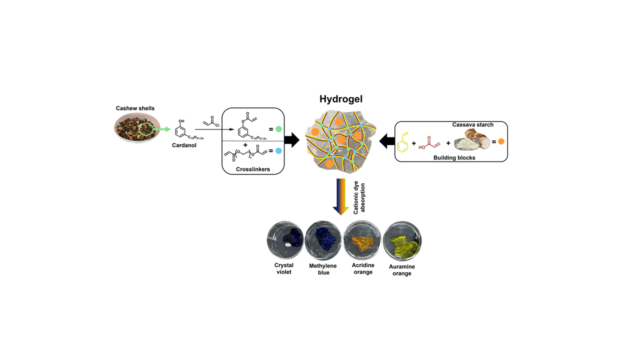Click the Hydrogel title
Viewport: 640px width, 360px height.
point(341,99)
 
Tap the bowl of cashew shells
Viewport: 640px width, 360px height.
point(137,127)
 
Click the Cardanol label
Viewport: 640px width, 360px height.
point(184,145)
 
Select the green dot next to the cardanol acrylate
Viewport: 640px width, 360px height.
point(278,129)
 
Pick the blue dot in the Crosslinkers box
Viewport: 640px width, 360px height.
point(278,151)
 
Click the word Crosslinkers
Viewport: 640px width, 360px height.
point(253,169)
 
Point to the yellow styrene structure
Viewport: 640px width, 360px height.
point(403,142)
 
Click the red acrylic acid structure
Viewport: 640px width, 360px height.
point(429,143)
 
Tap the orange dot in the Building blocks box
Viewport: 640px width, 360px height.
point(501,141)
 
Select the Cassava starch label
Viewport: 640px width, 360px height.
point(473,124)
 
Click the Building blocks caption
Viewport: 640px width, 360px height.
point(454,157)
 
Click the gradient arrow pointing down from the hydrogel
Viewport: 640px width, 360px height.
point(341,197)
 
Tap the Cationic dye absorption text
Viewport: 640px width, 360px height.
point(359,197)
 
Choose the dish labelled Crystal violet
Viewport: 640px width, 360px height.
point(285,239)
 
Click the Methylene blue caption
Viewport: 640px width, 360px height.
point(323,269)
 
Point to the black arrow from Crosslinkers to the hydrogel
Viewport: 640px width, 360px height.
point(292,140)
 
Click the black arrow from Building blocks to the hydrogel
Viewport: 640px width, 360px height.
point(387,141)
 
